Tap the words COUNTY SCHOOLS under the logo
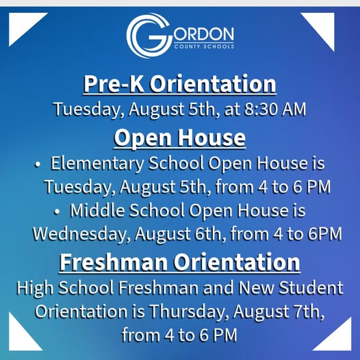[204, 47]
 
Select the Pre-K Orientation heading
[179, 83]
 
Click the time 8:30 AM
[275, 109]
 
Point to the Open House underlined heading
[179, 138]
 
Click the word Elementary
[97, 164]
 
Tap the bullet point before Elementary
[37, 165]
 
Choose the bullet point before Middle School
[57, 212]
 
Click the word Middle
[97, 210]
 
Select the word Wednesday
[80, 234]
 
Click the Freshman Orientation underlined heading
[179, 262]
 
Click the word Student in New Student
[311, 287]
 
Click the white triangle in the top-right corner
[322, 27]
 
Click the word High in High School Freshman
[35, 288]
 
